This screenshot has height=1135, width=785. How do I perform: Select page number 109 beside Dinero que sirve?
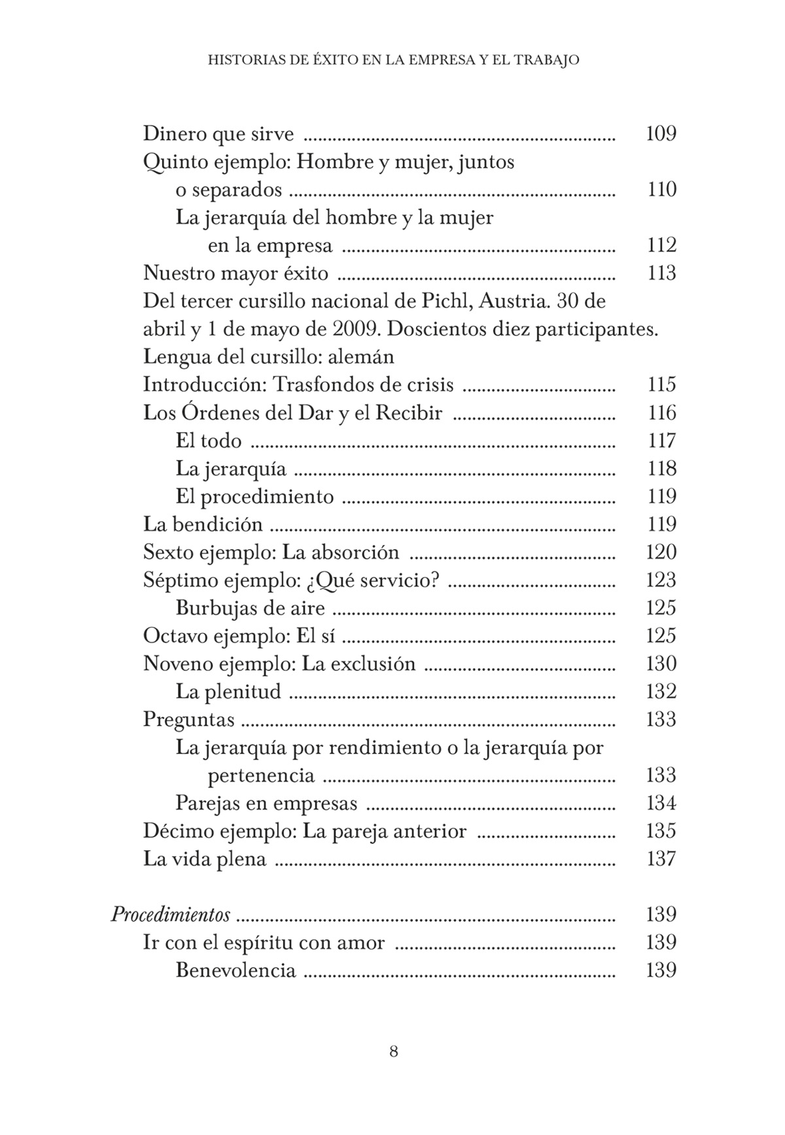[661, 134]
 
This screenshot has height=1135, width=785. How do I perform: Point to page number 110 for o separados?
[661, 190]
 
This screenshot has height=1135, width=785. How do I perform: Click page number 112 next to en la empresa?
[661, 245]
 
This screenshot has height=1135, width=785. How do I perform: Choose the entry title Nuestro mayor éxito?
[235, 273]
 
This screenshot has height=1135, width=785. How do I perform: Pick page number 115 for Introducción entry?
[661, 384]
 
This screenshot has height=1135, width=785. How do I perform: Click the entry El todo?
[208, 441]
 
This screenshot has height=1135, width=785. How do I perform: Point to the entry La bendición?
[203, 524]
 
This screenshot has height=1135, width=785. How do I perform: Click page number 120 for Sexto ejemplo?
[661, 552]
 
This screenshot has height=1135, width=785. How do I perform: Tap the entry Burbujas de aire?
[250, 608]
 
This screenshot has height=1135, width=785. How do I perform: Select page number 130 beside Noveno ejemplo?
[661, 664]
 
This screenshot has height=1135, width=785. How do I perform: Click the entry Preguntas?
[188, 719]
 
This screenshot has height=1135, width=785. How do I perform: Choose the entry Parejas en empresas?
[266, 803]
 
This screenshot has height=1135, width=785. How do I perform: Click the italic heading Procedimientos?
[170, 914]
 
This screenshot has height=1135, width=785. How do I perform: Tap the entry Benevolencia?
[235, 970]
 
